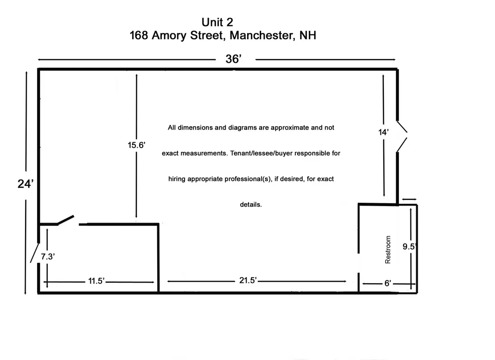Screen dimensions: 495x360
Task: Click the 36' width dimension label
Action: (x=233, y=59)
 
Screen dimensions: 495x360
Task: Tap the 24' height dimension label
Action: (x=26, y=184)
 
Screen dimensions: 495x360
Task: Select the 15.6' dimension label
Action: (x=136, y=145)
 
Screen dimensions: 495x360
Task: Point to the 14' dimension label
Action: (x=383, y=132)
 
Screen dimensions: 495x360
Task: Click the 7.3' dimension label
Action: (x=48, y=256)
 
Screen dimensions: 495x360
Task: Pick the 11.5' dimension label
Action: (x=96, y=281)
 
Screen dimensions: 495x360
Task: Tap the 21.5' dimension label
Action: (x=248, y=280)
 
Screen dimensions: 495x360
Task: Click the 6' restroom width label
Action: (x=388, y=283)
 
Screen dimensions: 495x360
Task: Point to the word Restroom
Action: (x=388, y=250)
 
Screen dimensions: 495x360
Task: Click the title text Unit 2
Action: (x=217, y=22)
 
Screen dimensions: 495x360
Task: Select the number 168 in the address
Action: (x=139, y=35)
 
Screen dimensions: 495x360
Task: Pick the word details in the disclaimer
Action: (x=251, y=205)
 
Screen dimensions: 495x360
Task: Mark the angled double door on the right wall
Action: (x=402, y=136)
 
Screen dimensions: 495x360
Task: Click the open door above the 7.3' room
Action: (x=66, y=220)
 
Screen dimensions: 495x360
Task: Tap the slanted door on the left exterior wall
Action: (x=34, y=253)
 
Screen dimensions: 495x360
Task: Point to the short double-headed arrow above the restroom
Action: (x=409, y=199)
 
